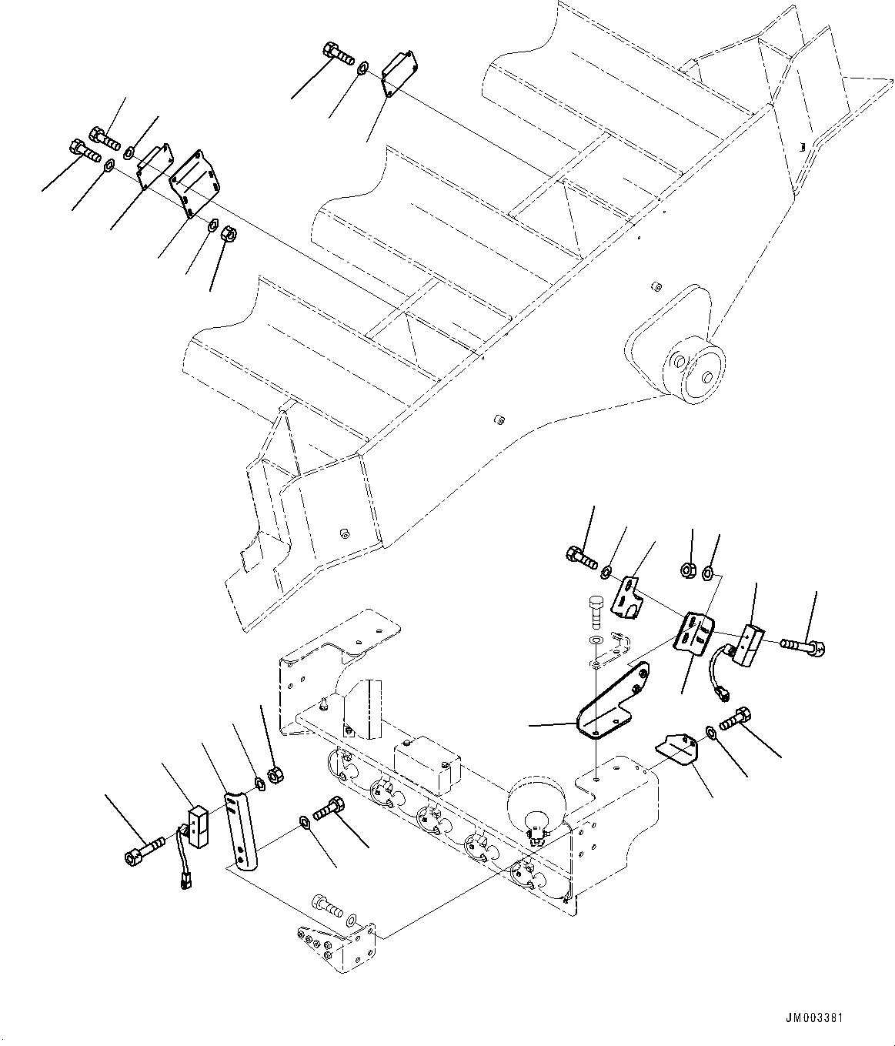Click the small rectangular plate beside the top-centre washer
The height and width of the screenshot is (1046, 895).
(x=399, y=74)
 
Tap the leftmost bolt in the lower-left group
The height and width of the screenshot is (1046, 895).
(x=143, y=853)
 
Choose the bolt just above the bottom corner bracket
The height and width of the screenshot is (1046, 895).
(x=326, y=906)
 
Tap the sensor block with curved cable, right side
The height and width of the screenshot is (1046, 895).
(x=746, y=643)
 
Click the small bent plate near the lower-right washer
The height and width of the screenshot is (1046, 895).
(x=676, y=750)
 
